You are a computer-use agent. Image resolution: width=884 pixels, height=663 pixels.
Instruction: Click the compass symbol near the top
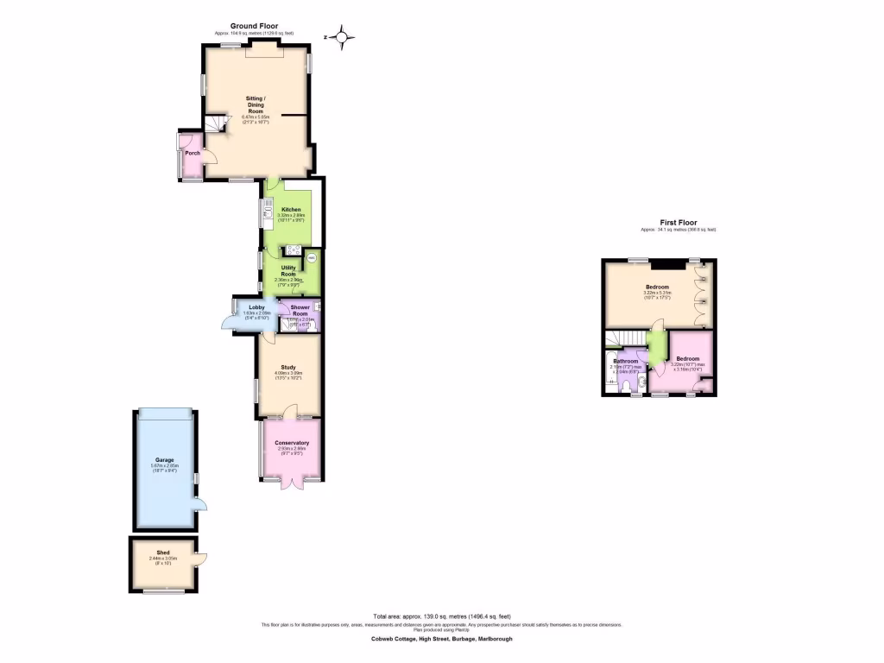[x=343, y=37]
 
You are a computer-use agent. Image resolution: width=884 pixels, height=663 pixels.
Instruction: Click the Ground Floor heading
[x=253, y=27]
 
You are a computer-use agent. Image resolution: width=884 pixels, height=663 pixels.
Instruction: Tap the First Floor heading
[x=678, y=223]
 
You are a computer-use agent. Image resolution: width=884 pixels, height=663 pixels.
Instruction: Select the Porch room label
[x=193, y=154]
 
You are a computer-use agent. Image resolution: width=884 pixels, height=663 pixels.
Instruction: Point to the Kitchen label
[x=291, y=210]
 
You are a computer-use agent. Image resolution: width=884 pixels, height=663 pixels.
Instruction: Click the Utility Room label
[x=288, y=271]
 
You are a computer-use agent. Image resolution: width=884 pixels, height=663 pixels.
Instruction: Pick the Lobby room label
[x=257, y=307]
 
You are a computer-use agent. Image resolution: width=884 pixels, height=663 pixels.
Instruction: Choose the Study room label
[x=288, y=367]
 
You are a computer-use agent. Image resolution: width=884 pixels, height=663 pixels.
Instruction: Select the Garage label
[x=164, y=460]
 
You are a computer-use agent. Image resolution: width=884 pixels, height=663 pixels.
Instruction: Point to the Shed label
[x=163, y=552]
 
